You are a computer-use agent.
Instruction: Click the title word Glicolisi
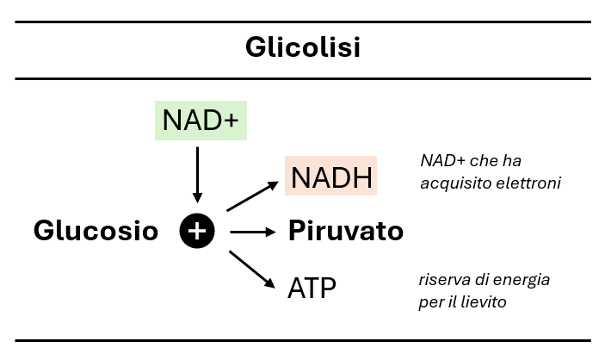[302, 47]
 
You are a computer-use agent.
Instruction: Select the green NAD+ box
[201, 120]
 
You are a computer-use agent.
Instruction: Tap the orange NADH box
[331, 177]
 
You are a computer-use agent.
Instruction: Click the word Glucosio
[96, 231]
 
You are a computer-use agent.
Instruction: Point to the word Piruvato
[345, 231]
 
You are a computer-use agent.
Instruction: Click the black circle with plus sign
[197, 231]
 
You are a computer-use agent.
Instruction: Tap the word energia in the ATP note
[524, 280]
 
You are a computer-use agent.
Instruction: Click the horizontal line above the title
[302, 22]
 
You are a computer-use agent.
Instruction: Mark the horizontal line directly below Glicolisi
[302, 78]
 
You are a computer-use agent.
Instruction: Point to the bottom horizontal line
[302, 340]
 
